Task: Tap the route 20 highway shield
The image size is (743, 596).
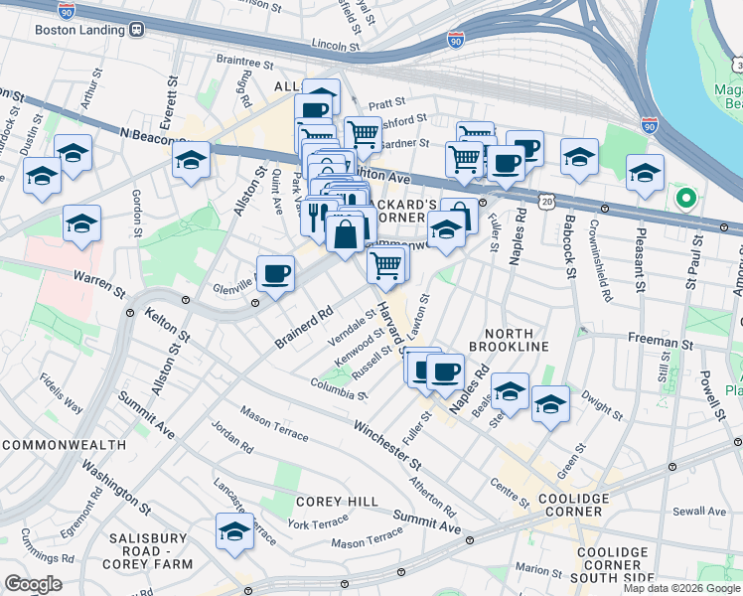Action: click(x=548, y=201)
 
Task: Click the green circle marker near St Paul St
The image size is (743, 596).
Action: click(x=684, y=198)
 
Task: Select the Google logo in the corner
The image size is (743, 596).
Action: click(x=33, y=584)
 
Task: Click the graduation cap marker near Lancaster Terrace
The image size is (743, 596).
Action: click(x=234, y=531)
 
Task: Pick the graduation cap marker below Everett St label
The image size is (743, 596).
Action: click(x=191, y=158)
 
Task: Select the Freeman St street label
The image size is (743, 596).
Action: click(x=660, y=341)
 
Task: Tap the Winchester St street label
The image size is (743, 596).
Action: click(x=389, y=443)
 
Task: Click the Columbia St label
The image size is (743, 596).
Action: click(x=339, y=388)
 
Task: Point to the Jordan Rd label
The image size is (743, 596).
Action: click(x=232, y=441)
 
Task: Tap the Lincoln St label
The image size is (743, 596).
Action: click(x=335, y=46)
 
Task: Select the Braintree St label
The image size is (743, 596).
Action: click(x=244, y=63)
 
